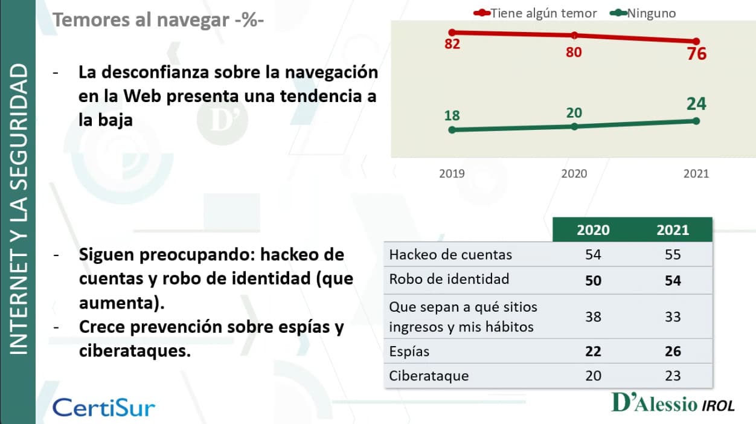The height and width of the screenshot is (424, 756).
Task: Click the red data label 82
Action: pos(452,43)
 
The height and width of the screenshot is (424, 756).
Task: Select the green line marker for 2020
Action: pos(574,126)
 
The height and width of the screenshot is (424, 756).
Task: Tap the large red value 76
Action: pos(696,54)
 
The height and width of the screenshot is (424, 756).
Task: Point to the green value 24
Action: pos(696,104)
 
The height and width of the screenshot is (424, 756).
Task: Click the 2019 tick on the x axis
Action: pos(452,174)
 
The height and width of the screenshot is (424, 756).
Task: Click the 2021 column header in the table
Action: pos(673,230)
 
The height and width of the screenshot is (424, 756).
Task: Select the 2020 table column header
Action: pos(593,230)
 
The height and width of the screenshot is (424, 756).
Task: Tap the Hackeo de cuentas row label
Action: pos(450,255)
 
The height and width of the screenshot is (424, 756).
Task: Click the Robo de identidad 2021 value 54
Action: pos(673,281)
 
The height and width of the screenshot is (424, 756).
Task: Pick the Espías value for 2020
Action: pos(593,352)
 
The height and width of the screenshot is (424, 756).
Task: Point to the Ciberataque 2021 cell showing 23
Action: pos(673,376)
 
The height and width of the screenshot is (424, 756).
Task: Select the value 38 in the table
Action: pos(593,316)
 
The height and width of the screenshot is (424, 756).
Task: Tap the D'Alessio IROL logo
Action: pos(673,403)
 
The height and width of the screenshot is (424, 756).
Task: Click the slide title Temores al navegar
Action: pos(158,20)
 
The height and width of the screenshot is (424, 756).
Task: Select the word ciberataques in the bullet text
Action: pos(135,350)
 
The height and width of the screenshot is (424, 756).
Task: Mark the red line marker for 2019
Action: pos(452,32)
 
